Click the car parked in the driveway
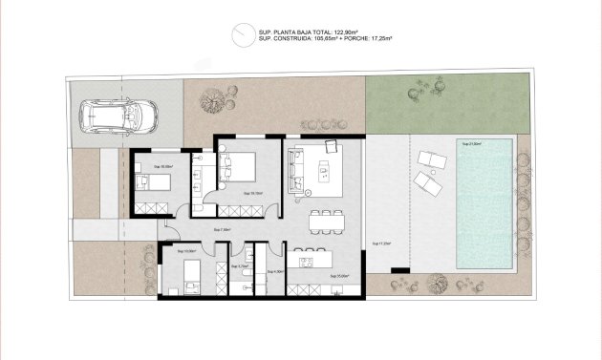pos(119,116)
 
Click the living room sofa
pos(295,168)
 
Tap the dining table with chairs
pos(327,220)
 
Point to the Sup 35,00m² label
pos(339,277)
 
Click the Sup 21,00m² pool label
pos(472,144)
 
